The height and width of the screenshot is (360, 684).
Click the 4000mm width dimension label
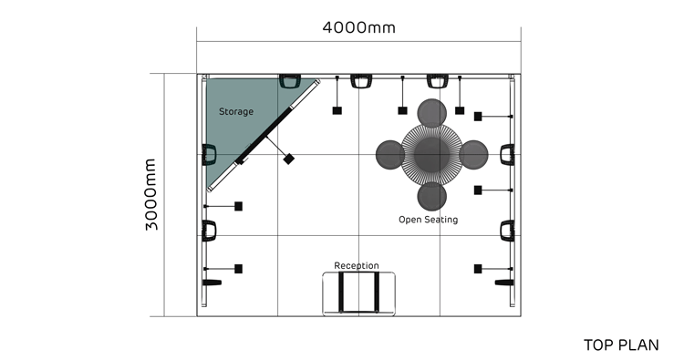[358, 27]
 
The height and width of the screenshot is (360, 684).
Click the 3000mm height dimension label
[150, 194]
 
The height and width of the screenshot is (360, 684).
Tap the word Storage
[236, 111]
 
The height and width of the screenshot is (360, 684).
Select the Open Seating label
[429, 220]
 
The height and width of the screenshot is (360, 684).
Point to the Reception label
[357, 265]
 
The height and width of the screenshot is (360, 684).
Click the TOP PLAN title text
[621, 345]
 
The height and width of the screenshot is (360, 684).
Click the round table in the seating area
[432, 154]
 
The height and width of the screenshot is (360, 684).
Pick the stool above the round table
[432, 113]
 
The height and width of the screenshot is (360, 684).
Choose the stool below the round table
[432, 197]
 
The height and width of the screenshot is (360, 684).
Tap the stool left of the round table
[390, 155]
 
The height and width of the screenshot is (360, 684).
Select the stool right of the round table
[473, 155]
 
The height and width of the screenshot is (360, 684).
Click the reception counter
[359, 293]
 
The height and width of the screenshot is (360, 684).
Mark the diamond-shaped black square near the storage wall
[288, 159]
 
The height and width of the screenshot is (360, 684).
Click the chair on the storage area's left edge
[210, 155]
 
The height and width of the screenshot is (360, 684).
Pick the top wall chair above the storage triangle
[289, 81]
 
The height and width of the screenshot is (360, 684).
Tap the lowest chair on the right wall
[507, 231]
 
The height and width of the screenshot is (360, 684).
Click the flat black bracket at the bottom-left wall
[212, 283]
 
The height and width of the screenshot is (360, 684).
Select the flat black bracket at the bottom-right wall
[503, 283]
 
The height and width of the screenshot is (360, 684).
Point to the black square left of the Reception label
[239, 269]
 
